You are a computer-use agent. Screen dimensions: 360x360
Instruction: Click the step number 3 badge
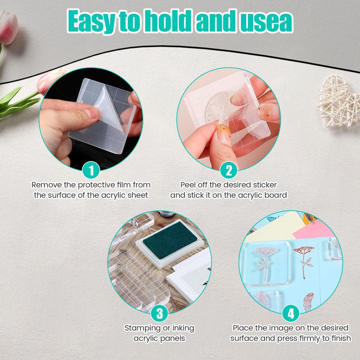click(160, 313)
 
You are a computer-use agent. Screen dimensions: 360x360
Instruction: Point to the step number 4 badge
click(291, 313)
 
